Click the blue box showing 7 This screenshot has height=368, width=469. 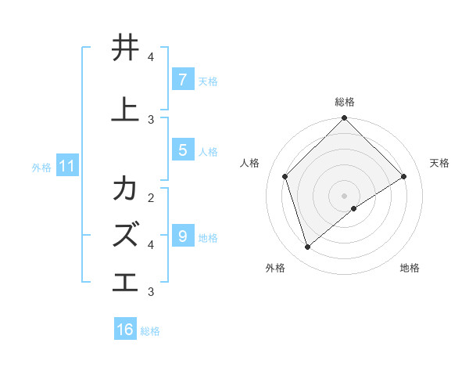(x=182, y=80)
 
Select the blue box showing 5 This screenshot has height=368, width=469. (x=182, y=150)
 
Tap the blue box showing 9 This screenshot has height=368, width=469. (x=182, y=236)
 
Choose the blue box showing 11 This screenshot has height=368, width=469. (x=66, y=166)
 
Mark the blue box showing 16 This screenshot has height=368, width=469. (x=125, y=330)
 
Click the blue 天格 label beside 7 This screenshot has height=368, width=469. (x=208, y=81)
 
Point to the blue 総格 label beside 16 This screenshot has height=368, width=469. (x=150, y=331)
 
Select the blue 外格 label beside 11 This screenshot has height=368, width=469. (x=41, y=167)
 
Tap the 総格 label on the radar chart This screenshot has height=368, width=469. (x=345, y=102)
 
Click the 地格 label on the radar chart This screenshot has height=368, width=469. (x=410, y=268)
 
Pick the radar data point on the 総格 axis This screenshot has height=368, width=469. (x=344, y=119)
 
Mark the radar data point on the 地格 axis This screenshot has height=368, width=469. (x=354, y=208)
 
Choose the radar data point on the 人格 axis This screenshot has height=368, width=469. (x=285, y=176)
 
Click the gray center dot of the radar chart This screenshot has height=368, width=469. (x=344, y=195)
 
